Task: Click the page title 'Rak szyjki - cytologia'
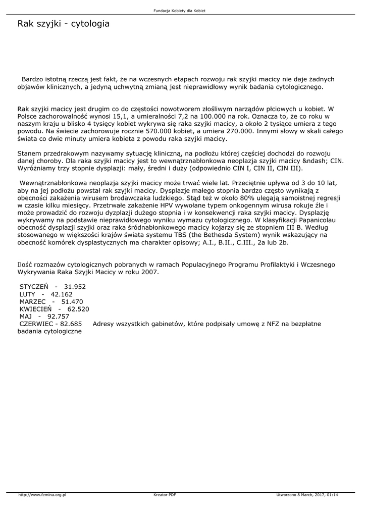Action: pos(63,24)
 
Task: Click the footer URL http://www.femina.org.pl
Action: pos(42,494)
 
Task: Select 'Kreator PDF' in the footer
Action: pos(165,494)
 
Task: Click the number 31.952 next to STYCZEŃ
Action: pos(75,286)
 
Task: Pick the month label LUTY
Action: pos(28,294)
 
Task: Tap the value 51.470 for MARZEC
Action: pos(72,301)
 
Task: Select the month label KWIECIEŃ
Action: pos(35,308)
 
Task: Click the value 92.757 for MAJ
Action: pos(58,316)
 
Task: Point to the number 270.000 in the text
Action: pos(239,131)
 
